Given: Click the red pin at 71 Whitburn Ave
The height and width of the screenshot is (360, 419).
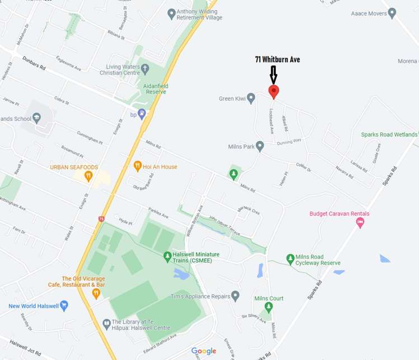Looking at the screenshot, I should pos(274,92).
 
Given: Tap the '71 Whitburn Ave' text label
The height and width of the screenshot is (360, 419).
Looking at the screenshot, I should pos(277,59).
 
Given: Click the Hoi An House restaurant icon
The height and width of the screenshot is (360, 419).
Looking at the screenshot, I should pos(138,166).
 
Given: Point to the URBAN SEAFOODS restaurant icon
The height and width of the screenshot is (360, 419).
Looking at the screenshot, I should pos(88,176).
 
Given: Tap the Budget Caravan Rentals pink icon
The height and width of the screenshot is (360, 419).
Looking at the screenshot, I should pos(360,223).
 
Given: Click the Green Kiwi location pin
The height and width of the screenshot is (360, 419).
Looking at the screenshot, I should pos(251,99).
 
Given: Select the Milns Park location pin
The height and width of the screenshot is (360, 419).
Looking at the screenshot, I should pos(260,146).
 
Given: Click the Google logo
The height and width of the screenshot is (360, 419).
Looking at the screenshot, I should pos(204,351).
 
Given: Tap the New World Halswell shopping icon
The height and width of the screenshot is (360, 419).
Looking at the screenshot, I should pos(64,306).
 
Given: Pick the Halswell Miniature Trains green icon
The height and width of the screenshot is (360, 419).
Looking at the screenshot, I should pos(167,257).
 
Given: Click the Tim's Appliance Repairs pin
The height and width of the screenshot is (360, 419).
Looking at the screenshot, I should pos(236,296).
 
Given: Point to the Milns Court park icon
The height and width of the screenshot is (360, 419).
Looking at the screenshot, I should pos(269,307).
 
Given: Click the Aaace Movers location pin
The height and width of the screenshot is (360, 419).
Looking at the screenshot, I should pos(392,12).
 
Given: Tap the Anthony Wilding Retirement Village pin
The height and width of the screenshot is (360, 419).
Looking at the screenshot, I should pos(172,13).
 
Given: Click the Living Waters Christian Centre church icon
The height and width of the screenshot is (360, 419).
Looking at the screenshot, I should pos(145,69).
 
